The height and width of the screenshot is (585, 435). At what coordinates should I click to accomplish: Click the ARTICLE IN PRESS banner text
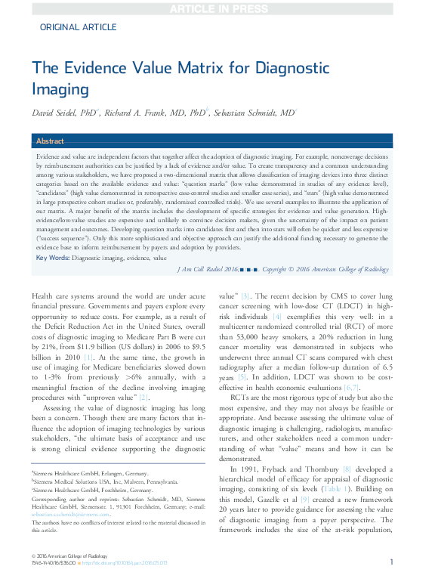pyautogui.click(x=217, y=8)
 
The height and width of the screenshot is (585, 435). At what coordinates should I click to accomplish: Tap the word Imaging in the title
pyautogui.click(x=61, y=88)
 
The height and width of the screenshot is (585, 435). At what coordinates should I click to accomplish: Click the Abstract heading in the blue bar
pyautogui.click(x=51, y=141)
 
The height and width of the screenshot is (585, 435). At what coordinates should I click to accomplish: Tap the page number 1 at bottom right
pyautogui.click(x=391, y=562)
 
